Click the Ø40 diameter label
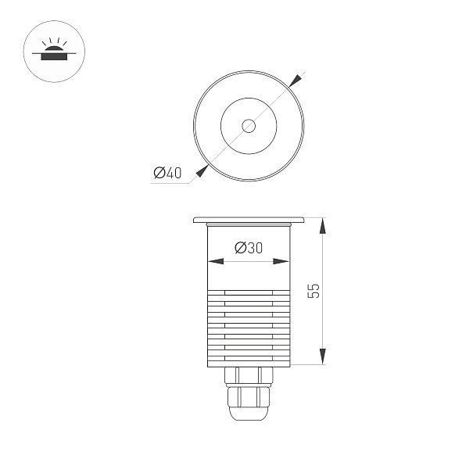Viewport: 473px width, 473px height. (167, 173)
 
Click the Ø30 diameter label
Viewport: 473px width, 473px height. (249, 248)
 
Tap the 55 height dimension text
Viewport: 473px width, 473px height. (314, 291)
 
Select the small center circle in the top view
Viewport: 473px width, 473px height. (249, 126)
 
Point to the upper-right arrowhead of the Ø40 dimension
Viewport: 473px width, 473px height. (296, 81)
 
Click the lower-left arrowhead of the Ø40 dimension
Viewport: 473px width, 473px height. (202, 171)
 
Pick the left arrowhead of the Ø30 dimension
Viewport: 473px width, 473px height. (216, 261)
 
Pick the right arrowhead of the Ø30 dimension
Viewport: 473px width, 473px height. (281, 261)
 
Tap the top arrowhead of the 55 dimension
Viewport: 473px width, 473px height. (323, 226)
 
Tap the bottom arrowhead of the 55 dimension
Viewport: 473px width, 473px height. (323, 357)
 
